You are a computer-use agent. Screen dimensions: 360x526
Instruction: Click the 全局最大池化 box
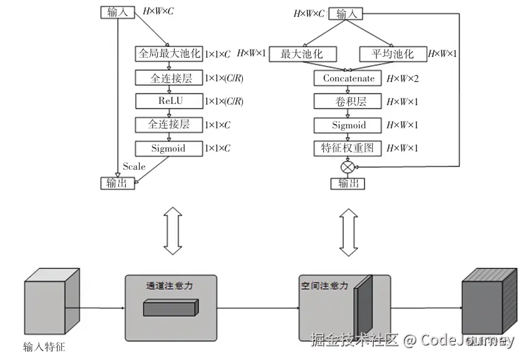click(169, 54)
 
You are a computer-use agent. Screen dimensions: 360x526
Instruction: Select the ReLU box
click(169, 101)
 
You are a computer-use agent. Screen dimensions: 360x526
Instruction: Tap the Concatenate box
click(349, 78)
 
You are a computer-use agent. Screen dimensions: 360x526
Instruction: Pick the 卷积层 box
click(349, 101)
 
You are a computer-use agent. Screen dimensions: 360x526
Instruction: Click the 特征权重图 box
click(349, 148)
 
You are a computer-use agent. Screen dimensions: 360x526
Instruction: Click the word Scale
click(134, 167)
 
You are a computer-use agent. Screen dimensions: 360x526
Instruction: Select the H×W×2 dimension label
click(402, 79)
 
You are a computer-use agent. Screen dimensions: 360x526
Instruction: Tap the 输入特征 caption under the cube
click(44, 346)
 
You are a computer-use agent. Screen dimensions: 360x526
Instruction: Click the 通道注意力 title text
click(169, 285)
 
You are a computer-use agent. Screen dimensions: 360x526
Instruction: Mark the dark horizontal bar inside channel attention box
click(170, 307)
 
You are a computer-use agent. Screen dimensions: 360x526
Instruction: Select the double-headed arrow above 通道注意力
click(171, 229)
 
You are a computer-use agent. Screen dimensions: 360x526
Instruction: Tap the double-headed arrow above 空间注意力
click(349, 229)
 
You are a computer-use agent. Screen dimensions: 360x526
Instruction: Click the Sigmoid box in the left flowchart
click(169, 148)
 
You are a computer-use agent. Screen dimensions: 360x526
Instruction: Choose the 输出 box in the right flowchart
click(348, 183)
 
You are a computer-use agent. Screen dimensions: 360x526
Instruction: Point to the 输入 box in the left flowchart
click(116, 12)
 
